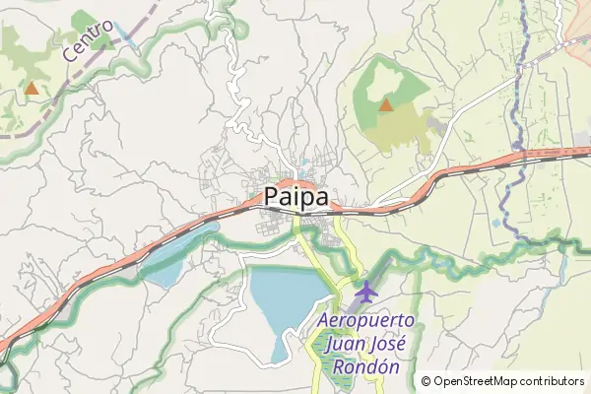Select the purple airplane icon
[366, 292]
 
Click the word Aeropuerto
[366, 322]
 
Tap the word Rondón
[366, 366]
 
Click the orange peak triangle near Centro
[32, 88]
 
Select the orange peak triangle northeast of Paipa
[386, 103]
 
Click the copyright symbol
[427, 381]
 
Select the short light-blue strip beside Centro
[124, 35]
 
